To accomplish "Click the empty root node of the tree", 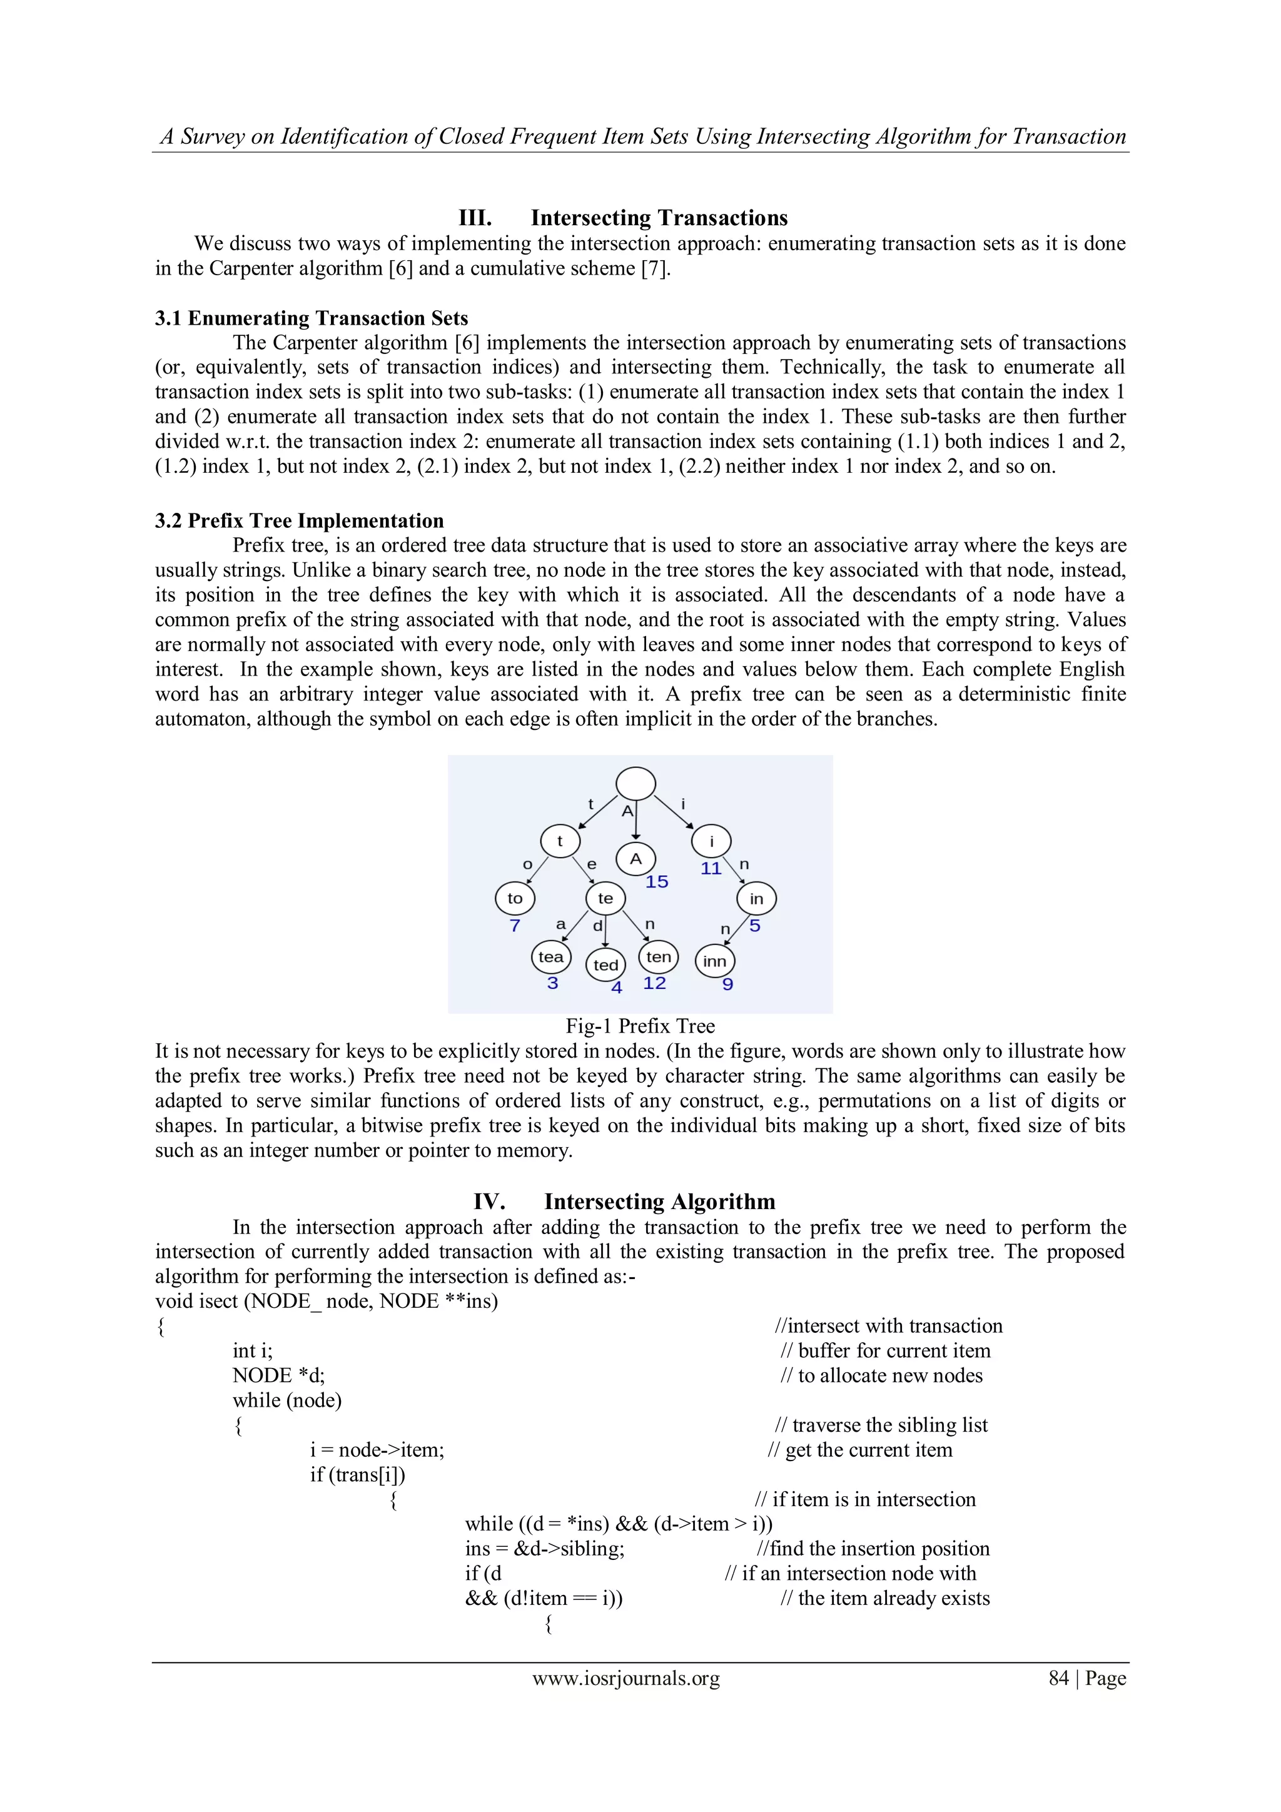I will (635, 784).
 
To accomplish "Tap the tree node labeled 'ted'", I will (605, 964).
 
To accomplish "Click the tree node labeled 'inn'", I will (714, 961).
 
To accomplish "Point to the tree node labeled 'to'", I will (515, 898).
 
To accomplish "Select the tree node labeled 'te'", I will (605, 898).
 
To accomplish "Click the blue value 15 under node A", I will (656, 881).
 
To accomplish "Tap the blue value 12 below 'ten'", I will (654, 983).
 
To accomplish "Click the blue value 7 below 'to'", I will (515, 925).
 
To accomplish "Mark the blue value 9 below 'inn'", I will (727, 984).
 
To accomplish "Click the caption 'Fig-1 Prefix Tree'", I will (639, 1026).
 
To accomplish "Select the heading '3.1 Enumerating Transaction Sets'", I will (311, 318).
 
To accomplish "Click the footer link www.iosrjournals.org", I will (626, 1678).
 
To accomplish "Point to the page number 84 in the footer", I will (1058, 1678).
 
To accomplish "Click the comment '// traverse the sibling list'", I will (881, 1424).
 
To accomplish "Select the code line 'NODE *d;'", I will (278, 1375).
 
